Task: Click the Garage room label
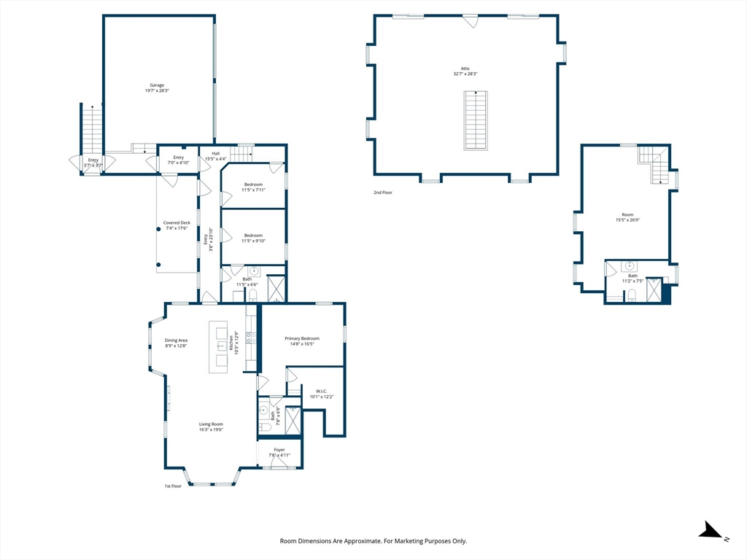[x=158, y=85]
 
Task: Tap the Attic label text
[x=465, y=69]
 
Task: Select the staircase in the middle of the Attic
[x=476, y=120]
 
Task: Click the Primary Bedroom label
[x=302, y=338]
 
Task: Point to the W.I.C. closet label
[x=322, y=391]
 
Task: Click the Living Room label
[x=211, y=424]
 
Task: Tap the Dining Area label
[x=176, y=341]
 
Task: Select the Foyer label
[x=279, y=449]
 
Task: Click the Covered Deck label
[x=177, y=222]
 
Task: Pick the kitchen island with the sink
[x=218, y=346]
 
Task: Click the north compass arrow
[x=711, y=530]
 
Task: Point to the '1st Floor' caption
[x=173, y=486]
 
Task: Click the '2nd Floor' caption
[x=383, y=192]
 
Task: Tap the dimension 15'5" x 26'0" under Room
[x=627, y=220]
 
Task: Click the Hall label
[x=216, y=153]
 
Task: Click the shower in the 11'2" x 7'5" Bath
[x=654, y=290]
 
